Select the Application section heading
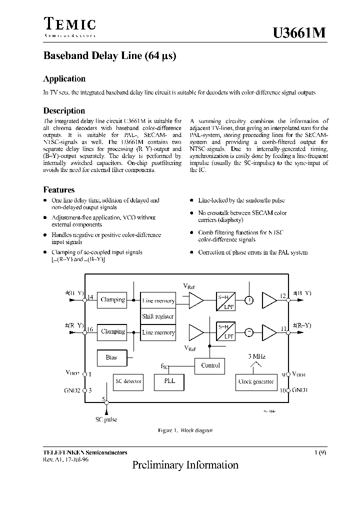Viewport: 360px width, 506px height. tap(64, 78)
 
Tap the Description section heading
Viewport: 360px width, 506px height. tap(64, 110)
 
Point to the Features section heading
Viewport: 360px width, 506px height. tap(59, 190)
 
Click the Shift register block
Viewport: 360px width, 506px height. tap(158, 316)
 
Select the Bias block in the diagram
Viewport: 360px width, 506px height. tap(111, 357)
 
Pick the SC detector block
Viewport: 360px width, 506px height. tap(128, 381)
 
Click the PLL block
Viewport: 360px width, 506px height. tap(170, 381)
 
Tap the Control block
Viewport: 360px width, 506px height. tap(210, 365)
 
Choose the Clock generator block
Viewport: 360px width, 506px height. tap(256, 381)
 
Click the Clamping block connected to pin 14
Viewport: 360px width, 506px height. tap(112, 300)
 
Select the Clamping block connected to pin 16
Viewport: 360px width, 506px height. tap(112, 331)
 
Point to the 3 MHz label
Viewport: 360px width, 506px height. tap(256, 356)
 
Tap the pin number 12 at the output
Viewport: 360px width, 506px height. tap(283, 296)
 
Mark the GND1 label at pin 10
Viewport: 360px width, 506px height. tap(300, 390)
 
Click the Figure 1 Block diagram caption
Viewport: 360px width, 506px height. tap(185, 430)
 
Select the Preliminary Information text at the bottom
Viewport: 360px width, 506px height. tap(185, 465)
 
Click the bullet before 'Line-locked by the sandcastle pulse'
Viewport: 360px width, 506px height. tap(191, 200)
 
